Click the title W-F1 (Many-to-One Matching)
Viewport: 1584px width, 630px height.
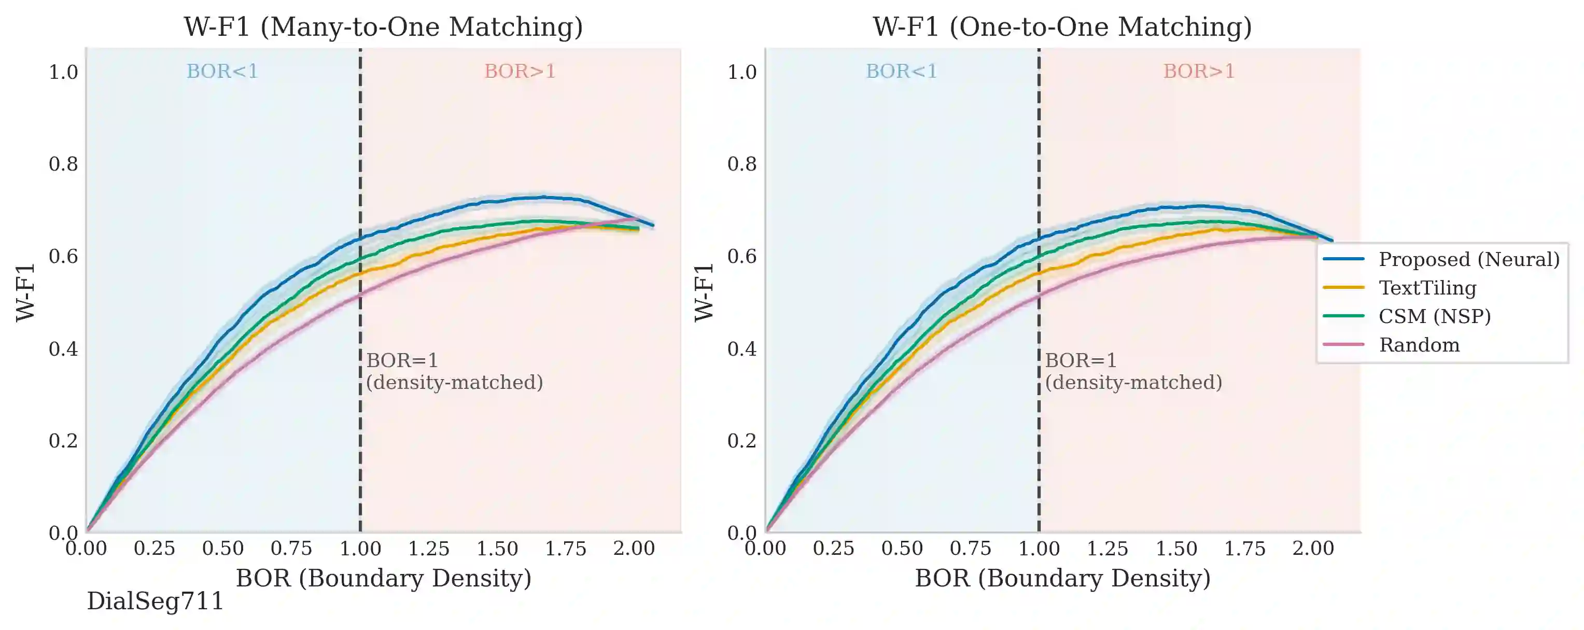383,27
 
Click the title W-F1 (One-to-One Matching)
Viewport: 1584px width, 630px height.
1062,27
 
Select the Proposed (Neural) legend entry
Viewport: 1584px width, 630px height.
1468,259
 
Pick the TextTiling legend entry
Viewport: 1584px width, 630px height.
1426,288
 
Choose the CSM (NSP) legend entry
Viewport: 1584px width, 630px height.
1434,316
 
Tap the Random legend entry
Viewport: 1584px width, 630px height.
1419,344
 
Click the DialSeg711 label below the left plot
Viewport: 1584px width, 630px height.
155,601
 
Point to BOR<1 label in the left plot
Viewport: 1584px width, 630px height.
222,72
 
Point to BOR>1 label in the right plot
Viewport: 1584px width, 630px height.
1198,72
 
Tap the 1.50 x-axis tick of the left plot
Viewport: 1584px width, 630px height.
497,548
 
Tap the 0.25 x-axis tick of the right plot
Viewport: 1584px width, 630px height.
833,548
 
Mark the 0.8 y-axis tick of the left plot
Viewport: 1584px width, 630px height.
63,164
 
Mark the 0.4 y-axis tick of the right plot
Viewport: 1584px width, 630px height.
741,349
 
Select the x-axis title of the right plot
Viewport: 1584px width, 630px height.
1062,578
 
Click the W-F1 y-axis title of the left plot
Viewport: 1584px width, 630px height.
26,292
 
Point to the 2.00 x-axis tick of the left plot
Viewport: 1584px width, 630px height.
634,548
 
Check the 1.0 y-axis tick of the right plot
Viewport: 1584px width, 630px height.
741,72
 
